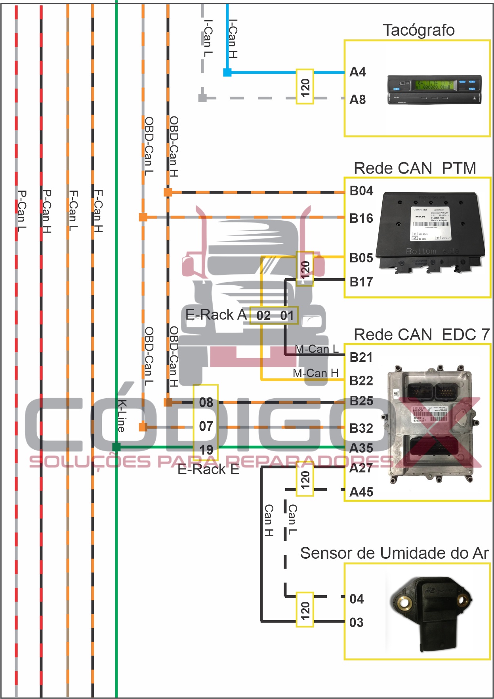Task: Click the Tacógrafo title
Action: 418,31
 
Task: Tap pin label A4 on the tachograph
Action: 357,72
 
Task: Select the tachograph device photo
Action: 434,89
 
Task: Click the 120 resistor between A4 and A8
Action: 305,87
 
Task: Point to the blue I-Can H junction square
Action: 227,72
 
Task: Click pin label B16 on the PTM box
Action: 361,218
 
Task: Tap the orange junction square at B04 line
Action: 168,192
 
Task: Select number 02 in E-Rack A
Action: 263,315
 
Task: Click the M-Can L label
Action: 317,349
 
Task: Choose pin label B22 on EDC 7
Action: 361,381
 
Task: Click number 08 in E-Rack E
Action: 206,403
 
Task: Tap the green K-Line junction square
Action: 116,447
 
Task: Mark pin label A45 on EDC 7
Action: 361,492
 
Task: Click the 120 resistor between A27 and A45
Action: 305,480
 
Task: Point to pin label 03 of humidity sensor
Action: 356,623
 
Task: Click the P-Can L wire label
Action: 22,210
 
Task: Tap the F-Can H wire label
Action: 98,211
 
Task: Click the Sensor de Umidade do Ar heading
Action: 394,553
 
